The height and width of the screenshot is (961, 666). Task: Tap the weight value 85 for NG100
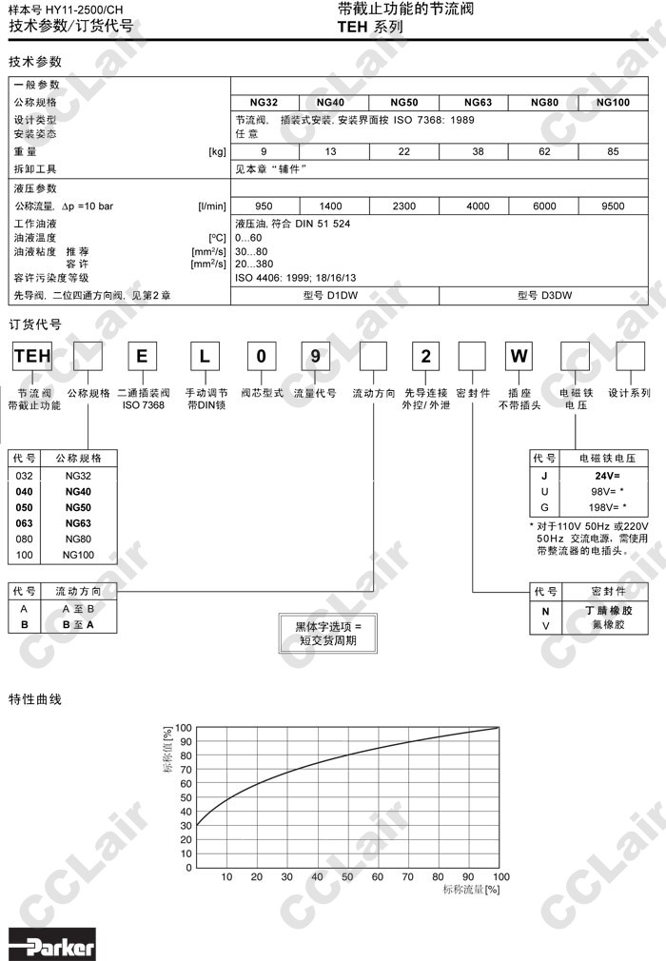[x=613, y=151]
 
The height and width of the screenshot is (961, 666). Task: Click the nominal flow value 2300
[x=404, y=206]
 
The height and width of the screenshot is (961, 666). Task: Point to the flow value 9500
[x=613, y=206]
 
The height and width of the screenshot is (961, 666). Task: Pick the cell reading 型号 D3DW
[x=544, y=296]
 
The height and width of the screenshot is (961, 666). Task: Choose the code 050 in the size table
[x=25, y=506]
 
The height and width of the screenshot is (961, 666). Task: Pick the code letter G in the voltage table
[x=544, y=507]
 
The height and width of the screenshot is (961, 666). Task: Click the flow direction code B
[x=24, y=625]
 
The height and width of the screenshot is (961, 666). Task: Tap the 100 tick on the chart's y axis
[x=184, y=727]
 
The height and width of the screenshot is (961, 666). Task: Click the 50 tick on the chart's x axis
[x=347, y=876]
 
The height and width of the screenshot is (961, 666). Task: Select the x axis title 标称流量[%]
[x=471, y=890]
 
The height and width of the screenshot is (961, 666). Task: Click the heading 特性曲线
[x=35, y=699]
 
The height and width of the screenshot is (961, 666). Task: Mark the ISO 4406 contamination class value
[x=295, y=278]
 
